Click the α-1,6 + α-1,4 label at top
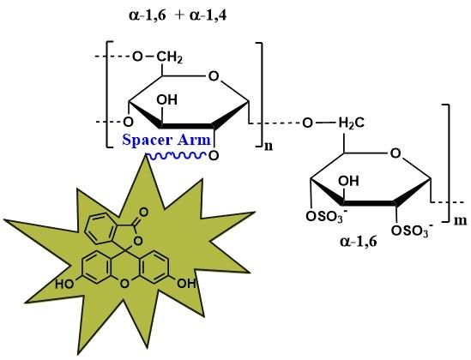tap(178, 15)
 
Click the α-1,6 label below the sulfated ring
tap(359, 241)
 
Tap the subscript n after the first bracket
tap(269, 147)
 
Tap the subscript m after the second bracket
tap(460, 220)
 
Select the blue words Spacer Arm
tap(166, 140)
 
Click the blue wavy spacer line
tap(176, 155)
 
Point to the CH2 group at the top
tap(169, 57)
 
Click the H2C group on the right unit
tap(352, 123)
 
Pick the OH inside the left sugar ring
tap(167, 99)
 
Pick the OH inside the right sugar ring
tap(348, 181)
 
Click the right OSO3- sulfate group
tap(412, 231)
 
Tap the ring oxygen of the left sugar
tap(214, 76)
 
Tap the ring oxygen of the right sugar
tap(396, 153)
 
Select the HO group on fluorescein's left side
tap(64, 284)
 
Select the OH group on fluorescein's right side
tap(186, 283)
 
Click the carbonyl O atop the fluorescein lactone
tap(144, 213)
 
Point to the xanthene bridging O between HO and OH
tap(124, 284)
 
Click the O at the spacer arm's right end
tap(214, 156)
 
